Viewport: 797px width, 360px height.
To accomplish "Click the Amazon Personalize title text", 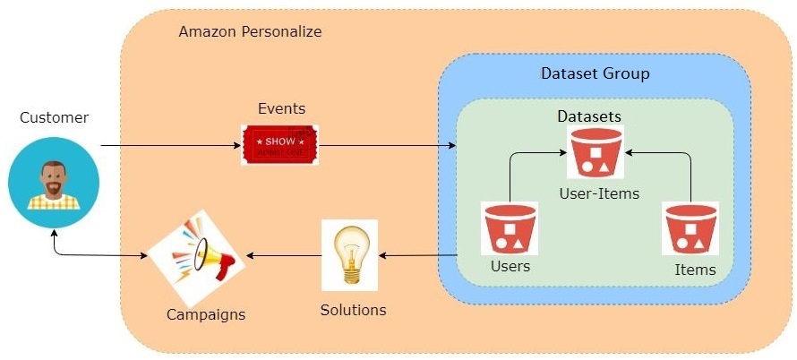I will click(250, 31).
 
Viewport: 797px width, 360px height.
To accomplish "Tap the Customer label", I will click(55, 117).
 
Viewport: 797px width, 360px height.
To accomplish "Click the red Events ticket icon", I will click(279, 145).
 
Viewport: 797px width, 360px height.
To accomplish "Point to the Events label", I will click(281, 109).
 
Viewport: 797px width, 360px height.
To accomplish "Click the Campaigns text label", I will click(206, 314).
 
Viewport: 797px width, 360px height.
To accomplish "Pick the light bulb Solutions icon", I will click(349, 254).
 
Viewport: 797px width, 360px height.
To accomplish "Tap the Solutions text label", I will click(353, 310).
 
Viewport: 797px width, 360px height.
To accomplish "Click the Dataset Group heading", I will click(595, 73).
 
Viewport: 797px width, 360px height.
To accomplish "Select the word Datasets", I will click(589, 116).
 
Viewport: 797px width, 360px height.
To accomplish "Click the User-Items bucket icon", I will click(595, 152).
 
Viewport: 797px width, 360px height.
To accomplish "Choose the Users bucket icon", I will click(510, 229).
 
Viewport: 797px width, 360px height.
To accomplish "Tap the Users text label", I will click(510, 266).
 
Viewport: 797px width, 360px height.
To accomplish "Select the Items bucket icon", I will click(690, 229).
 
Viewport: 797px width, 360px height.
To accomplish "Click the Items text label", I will click(695, 270).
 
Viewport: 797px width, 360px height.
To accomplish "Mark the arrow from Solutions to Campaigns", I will click(283, 256).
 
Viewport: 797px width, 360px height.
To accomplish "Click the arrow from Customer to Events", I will click(170, 145).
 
